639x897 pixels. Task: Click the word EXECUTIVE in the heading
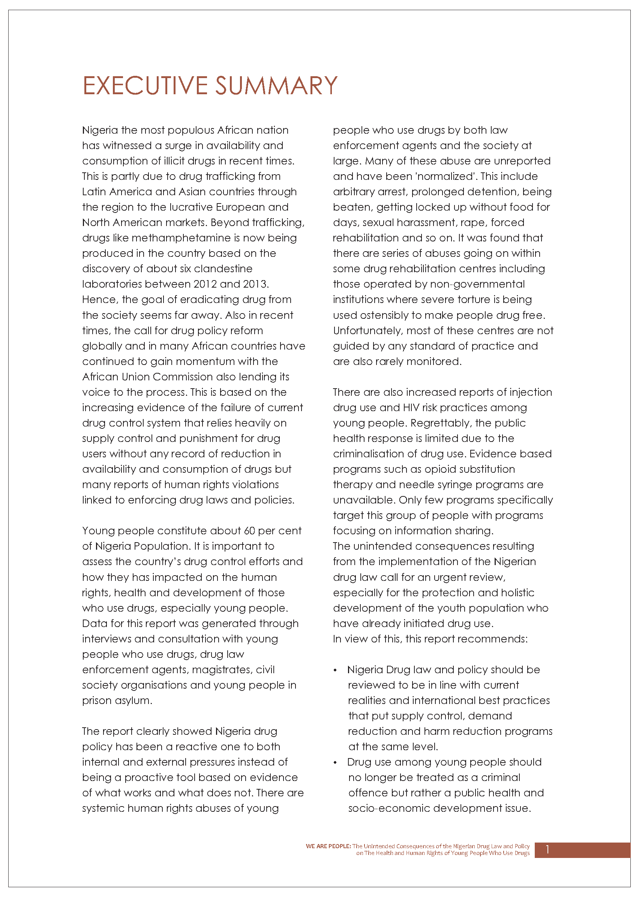pyautogui.click(x=145, y=86)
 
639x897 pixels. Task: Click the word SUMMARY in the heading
pyautogui.click(x=276, y=86)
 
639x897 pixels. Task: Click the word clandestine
pyautogui.click(x=223, y=269)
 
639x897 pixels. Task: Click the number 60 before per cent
pyautogui.click(x=249, y=531)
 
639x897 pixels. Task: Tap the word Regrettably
pyautogui.click(x=440, y=423)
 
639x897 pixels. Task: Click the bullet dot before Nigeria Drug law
pyautogui.click(x=335, y=671)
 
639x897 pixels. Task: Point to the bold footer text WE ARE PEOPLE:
pyautogui.click(x=328, y=846)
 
